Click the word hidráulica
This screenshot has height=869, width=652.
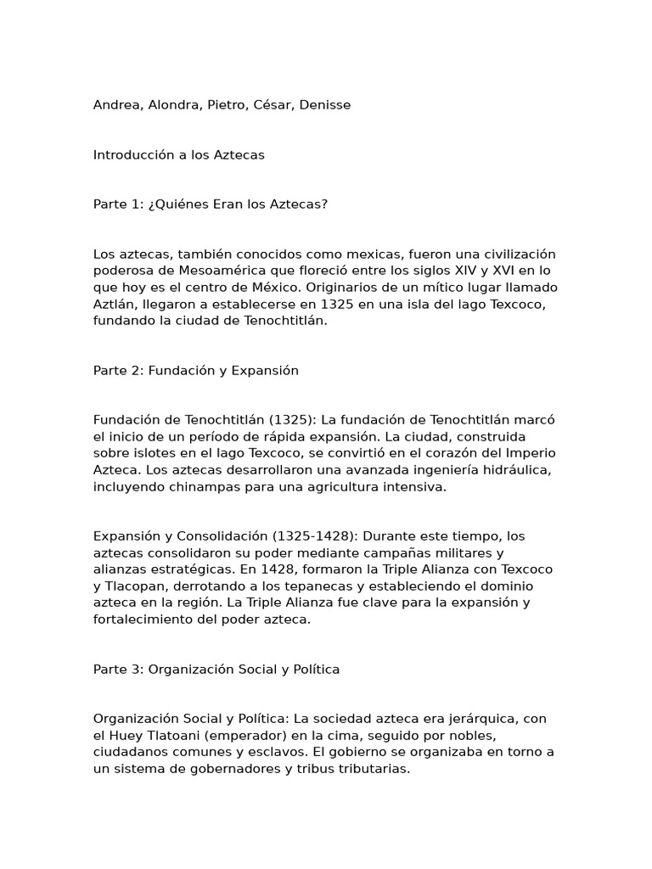tap(520, 470)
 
